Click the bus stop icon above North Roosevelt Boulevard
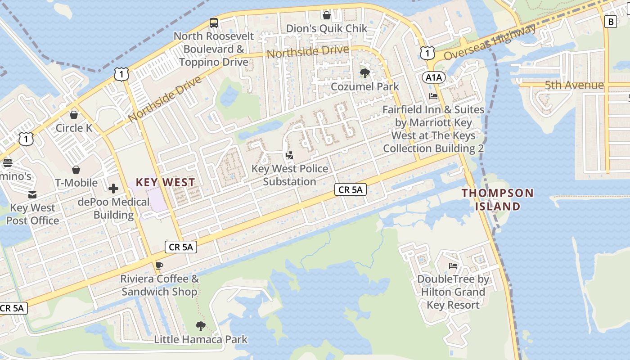pyautogui.click(x=214, y=22)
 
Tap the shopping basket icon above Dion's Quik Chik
pyautogui.click(x=327, y=15)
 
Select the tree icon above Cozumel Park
pyautogui.click(x=364, y=73)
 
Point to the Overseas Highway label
pyautogui.click(x=490, y=42)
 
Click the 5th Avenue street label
pyautogui.click(x=574, y=85)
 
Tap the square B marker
pyautogui.click(x=610, y=21)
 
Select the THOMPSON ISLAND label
pyautogui.click(x=498, y=199)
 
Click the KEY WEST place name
pyautogui.click(x=166, y=182)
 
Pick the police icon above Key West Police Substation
pyautogui.click(x=290, y=156)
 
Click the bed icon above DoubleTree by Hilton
pyautogui.click(x=453, y=266)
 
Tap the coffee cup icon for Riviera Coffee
pyautogui.click(x=159, y=265)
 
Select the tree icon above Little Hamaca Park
pyautogui.click(x=201, y=326)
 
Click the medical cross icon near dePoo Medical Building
pyautogui.click(x=113, y=188)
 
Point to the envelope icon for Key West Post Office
pyautogui.click(x=32, y=194)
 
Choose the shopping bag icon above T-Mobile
pyautogui.click(x=76, y=170)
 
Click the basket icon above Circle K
pyautogui.click(x=74, y=115)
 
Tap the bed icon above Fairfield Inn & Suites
pyautogui.click(x=433, y=96)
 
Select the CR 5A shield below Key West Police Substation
pyautogui.click(x=350, y=189)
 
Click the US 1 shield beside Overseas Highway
pyautogui.click(x=427, y=53)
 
